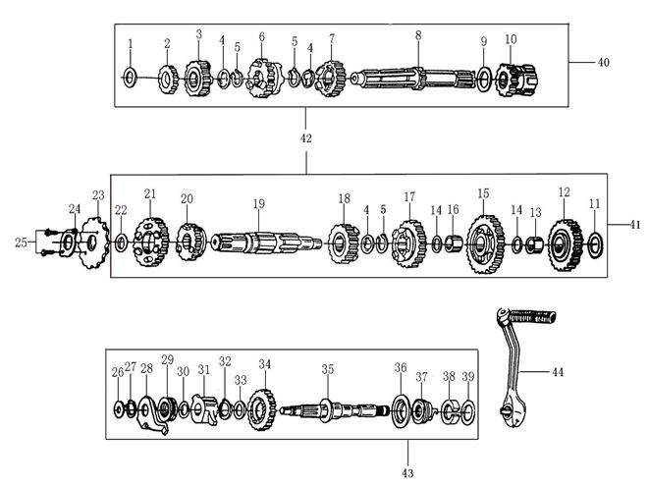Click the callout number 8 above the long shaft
click(x=417, y=34)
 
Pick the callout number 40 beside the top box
click(x=603, y=62)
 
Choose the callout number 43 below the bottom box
click(x=407, y=473)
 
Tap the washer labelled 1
click(x=130, y=76)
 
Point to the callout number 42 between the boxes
click(x=305, y=138)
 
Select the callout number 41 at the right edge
click(x=635, y=225)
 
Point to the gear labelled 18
click(x=344, y=242)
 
